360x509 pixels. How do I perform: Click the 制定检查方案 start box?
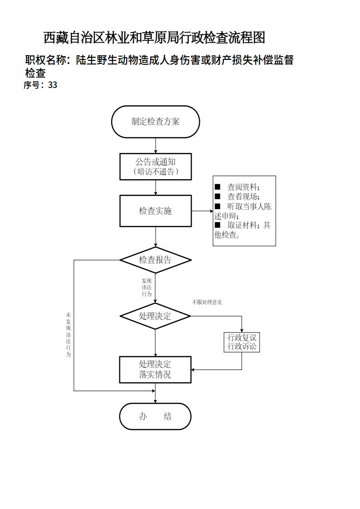click(x=155, y=122)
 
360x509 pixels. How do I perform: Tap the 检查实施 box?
click(x=155, y=211)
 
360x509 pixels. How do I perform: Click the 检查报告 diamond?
click(x=155, y=260)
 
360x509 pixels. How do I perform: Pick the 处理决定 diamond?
click(x=155, y=316)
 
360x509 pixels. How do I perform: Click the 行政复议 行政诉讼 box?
click(x=242, y=343)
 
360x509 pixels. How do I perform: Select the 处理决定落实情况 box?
click(x=155, y=370)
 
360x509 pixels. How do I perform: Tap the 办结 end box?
click(x=155, y=416)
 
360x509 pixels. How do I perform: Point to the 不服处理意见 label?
click(x=207, y=302)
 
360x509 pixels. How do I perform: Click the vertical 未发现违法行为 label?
click(x=69, y=334)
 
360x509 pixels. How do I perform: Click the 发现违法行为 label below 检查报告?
click(x=146, y=288)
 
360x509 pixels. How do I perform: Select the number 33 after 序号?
click(x=52, y=85)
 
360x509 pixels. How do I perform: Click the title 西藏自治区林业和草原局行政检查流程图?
click(x=154, y=38)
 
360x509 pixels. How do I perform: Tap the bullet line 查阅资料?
click(x=243, y=187)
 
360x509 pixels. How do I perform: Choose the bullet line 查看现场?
click(x=243, y=196)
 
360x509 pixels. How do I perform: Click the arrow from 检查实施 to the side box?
click(x=202, y=211)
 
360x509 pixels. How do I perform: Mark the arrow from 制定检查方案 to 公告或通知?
click(x=156, y=145)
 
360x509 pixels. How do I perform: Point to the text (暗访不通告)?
click(x=156, y=171)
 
